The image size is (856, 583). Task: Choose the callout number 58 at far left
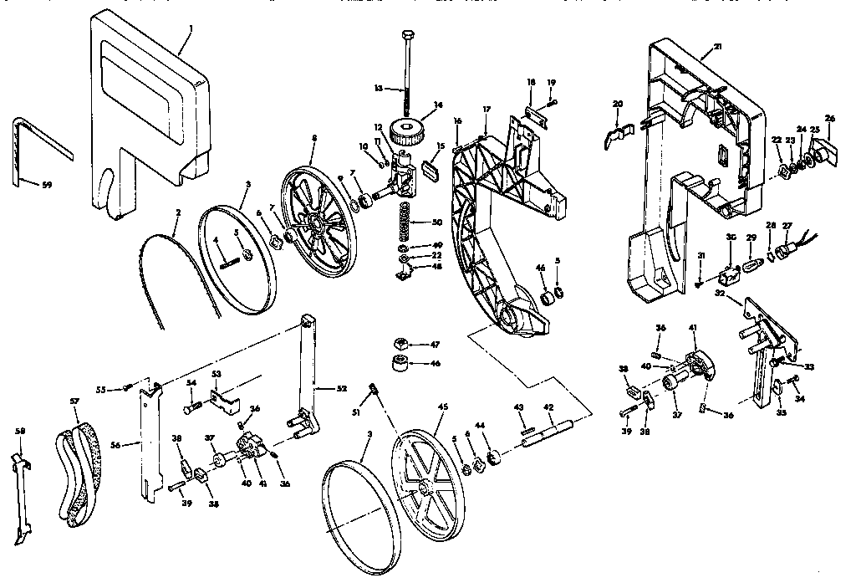pos(20,431)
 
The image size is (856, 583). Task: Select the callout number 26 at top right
pos(830,117)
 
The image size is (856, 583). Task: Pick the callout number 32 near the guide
pos(720,294)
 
